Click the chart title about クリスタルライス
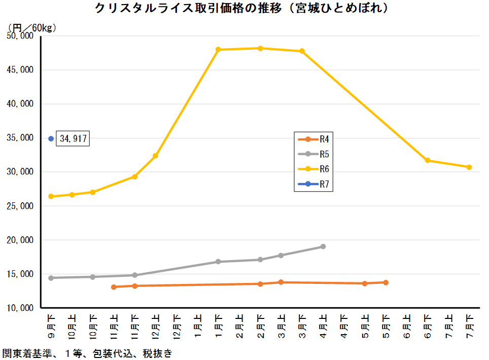244,9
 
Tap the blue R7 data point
51,138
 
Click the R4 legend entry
313,139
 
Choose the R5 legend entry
313,154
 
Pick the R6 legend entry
313,168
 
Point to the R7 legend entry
313,184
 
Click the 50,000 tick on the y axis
20,36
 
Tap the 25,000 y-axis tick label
20,206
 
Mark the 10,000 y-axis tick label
20,308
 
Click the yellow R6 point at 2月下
260,48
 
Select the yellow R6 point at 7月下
469,167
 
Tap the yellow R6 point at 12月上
156,156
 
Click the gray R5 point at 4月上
323,246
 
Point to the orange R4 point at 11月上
114,287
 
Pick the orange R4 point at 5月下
386,282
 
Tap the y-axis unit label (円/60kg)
32,27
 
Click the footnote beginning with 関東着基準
87,353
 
